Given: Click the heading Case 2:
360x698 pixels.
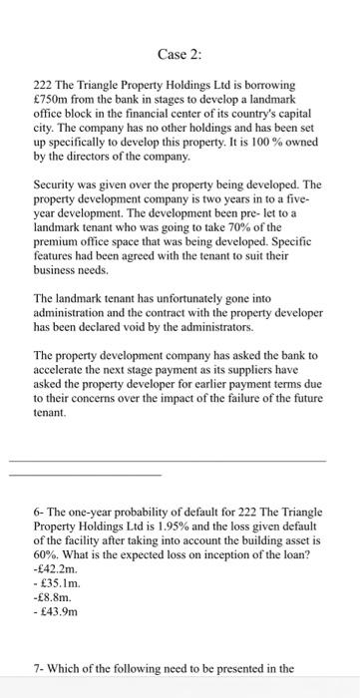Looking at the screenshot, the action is (x=180, y=53).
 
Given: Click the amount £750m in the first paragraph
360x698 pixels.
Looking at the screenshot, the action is (x=52, y=108).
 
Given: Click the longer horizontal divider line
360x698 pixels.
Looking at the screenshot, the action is (x=180, y=461).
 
